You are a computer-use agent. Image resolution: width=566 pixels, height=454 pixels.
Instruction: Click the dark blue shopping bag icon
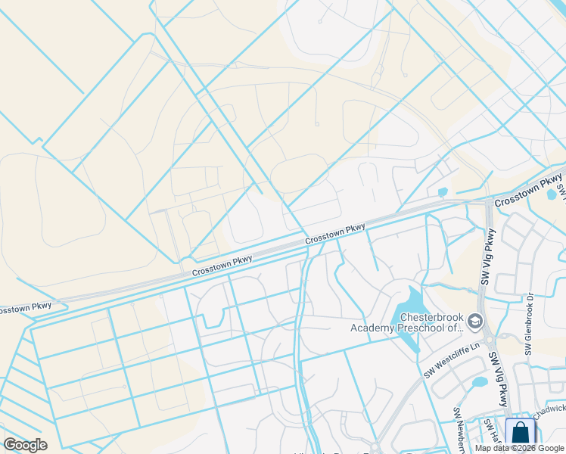pos(520,434)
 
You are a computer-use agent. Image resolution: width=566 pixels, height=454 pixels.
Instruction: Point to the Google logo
pos(25,445)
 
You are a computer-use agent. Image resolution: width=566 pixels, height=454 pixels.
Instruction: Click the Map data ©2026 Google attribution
pos(520,448)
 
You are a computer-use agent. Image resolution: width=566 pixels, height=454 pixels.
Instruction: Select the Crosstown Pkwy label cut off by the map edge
pos(25,308)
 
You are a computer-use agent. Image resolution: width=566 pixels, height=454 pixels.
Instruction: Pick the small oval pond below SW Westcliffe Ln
pos(478,382)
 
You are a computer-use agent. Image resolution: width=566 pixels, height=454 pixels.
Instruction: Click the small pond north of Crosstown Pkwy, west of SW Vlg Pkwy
pos(443,193)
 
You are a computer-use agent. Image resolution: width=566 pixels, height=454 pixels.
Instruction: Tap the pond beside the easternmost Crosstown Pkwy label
pos(552,194)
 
